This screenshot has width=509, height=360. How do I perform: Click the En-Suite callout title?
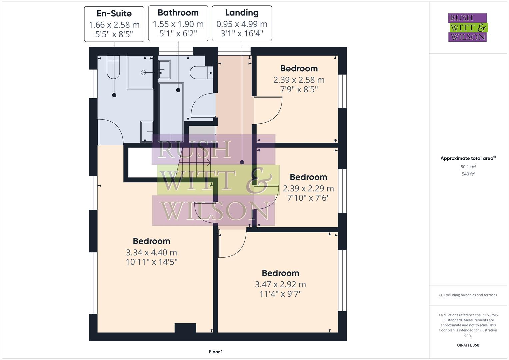coord(114,14)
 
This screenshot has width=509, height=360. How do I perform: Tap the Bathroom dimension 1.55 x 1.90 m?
coord(178,24)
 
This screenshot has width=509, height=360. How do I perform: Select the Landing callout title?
coord(242,13)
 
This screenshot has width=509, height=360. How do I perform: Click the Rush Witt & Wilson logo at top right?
coord(467,28)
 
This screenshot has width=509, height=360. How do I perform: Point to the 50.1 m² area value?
coord(468,167)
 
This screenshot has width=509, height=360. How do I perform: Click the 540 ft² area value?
coord(468,174)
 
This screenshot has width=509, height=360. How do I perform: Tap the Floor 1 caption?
coord(216,352)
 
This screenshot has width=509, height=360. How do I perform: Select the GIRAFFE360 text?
coord(468,345)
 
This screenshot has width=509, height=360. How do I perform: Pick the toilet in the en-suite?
coord(113,67)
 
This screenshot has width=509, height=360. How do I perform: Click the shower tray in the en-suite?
coord(140,72)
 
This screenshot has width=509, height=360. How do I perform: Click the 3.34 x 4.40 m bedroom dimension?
coord(151,253)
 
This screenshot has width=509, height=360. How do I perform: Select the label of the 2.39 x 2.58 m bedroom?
coord(299,69)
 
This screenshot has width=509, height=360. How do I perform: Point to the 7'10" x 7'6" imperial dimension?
coord(308,198)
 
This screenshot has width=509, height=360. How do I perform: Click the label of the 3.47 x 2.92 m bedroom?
coord(280,273)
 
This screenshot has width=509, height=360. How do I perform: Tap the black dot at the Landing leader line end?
coord(242,162)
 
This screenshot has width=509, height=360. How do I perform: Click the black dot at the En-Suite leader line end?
coord(114,95)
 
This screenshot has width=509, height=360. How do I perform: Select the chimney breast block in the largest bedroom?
coord(185,328)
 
